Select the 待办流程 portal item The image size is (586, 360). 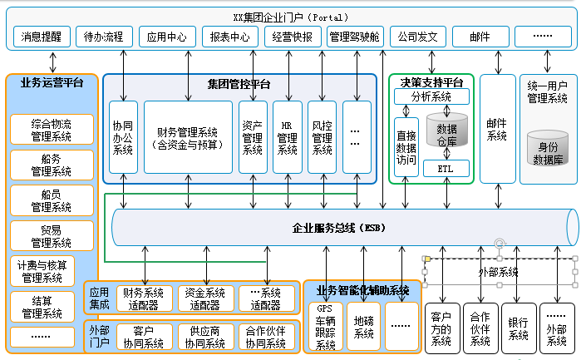(x=104, y=37)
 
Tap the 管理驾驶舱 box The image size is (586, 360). (x=354, y=37)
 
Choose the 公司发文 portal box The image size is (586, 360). (x=418, y=37)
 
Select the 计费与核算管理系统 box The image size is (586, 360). (x=52, y=271)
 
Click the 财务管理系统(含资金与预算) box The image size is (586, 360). (x=187, y=138)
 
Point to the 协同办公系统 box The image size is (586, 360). (x=123, y=138)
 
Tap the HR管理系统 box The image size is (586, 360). (x=288, y=138)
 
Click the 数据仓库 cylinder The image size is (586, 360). (x=446, y=136)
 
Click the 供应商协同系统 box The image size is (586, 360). (x=204, y=337)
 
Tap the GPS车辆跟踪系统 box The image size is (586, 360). (x=325, y=327)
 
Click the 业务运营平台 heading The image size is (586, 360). (x=52, y=83)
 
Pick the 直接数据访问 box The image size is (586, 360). (x=406, y=147)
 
